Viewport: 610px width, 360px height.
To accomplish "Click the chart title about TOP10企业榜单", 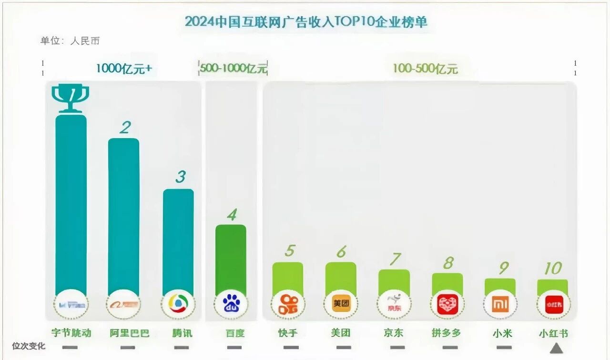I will coord(306,22).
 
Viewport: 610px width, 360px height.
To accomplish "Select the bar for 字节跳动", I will coord(71,205).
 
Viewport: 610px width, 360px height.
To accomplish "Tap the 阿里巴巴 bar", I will coord(124,217).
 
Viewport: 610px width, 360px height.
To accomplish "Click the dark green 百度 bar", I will coord(231,260).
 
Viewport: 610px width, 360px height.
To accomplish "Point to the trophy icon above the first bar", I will coord(70,98).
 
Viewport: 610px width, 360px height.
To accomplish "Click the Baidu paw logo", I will coord(231,303).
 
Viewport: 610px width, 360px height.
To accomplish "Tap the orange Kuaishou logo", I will coord(288,304).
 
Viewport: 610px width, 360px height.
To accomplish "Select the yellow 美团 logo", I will coord(341,303).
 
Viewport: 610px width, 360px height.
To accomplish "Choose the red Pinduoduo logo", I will coord(447,304).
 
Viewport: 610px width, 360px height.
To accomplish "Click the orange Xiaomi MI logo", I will coord(500,304).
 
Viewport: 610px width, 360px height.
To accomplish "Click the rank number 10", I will coord(553,269).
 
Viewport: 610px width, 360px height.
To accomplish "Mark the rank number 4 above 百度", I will coord(232,215).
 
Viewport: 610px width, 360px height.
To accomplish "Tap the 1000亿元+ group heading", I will coord(124,69).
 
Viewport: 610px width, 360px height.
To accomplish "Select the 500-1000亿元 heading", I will coord(233,69).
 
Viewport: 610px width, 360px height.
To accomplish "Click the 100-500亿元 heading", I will coord(425,69).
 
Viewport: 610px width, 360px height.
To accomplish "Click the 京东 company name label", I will coord(393,333).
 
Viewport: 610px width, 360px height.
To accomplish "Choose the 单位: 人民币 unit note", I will coord(70,41).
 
